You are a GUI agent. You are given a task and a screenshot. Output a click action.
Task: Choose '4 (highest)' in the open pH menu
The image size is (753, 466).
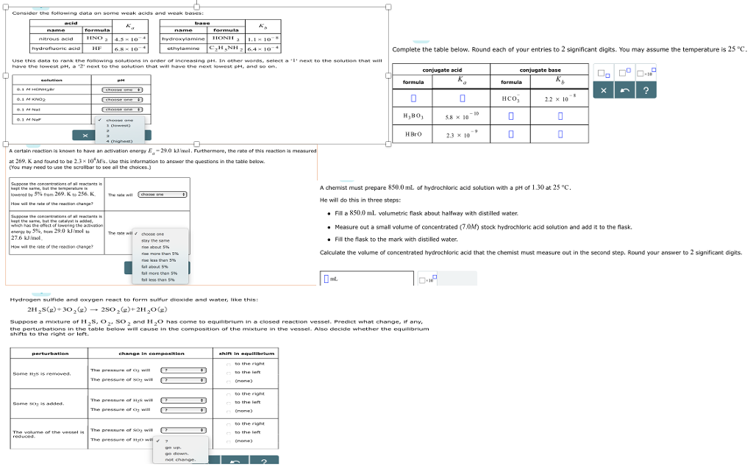[x=120, y=141]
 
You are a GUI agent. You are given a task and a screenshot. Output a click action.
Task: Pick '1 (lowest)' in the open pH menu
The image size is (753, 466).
[x=118, y=125]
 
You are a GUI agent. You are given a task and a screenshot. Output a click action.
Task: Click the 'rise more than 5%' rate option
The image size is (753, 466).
[x=159, y=254]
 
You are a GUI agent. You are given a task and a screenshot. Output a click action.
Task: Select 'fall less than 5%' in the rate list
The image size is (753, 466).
[x=158, y=279]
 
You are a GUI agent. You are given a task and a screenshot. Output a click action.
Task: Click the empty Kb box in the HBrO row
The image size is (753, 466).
[x=560, y=134]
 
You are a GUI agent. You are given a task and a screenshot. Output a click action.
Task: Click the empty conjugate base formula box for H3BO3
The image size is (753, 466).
[x=511, y=116]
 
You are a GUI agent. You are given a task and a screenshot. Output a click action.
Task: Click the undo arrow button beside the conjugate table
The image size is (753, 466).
[x=624, y=90]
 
